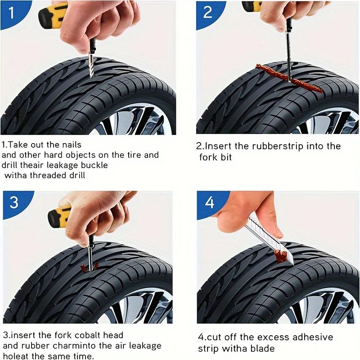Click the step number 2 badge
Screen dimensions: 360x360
[207, 12]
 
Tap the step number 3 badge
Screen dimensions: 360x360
[14, 202]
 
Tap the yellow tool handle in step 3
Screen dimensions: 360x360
[59, 216]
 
